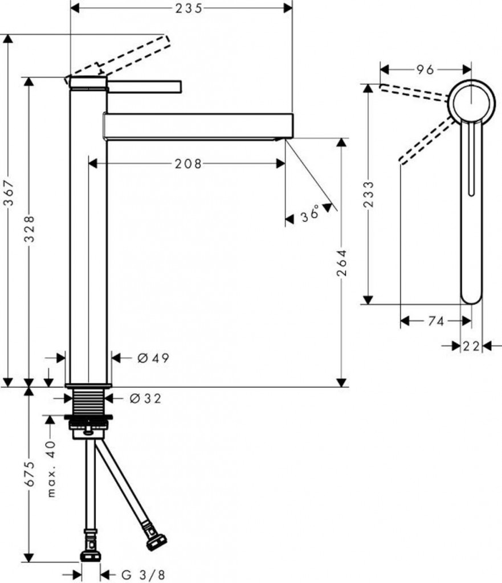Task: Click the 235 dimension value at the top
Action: pos(189,8)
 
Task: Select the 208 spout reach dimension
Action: pos(188,163)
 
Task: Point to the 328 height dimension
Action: pos(30,229)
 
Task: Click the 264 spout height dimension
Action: pos(341,263)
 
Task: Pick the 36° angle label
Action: pos(311,214)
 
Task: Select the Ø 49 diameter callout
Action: pos(153,358)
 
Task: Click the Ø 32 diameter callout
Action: pos(145,399)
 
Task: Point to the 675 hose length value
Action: pos(30,474)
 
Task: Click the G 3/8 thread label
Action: pos(143,575)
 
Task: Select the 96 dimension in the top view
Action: pos(425,69)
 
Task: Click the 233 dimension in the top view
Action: pos(369,195)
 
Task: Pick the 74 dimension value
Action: pos(436,321)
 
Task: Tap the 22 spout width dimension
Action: pos(471,346)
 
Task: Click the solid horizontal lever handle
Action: pos(144,87)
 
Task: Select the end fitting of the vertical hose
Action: pos(91,556)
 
